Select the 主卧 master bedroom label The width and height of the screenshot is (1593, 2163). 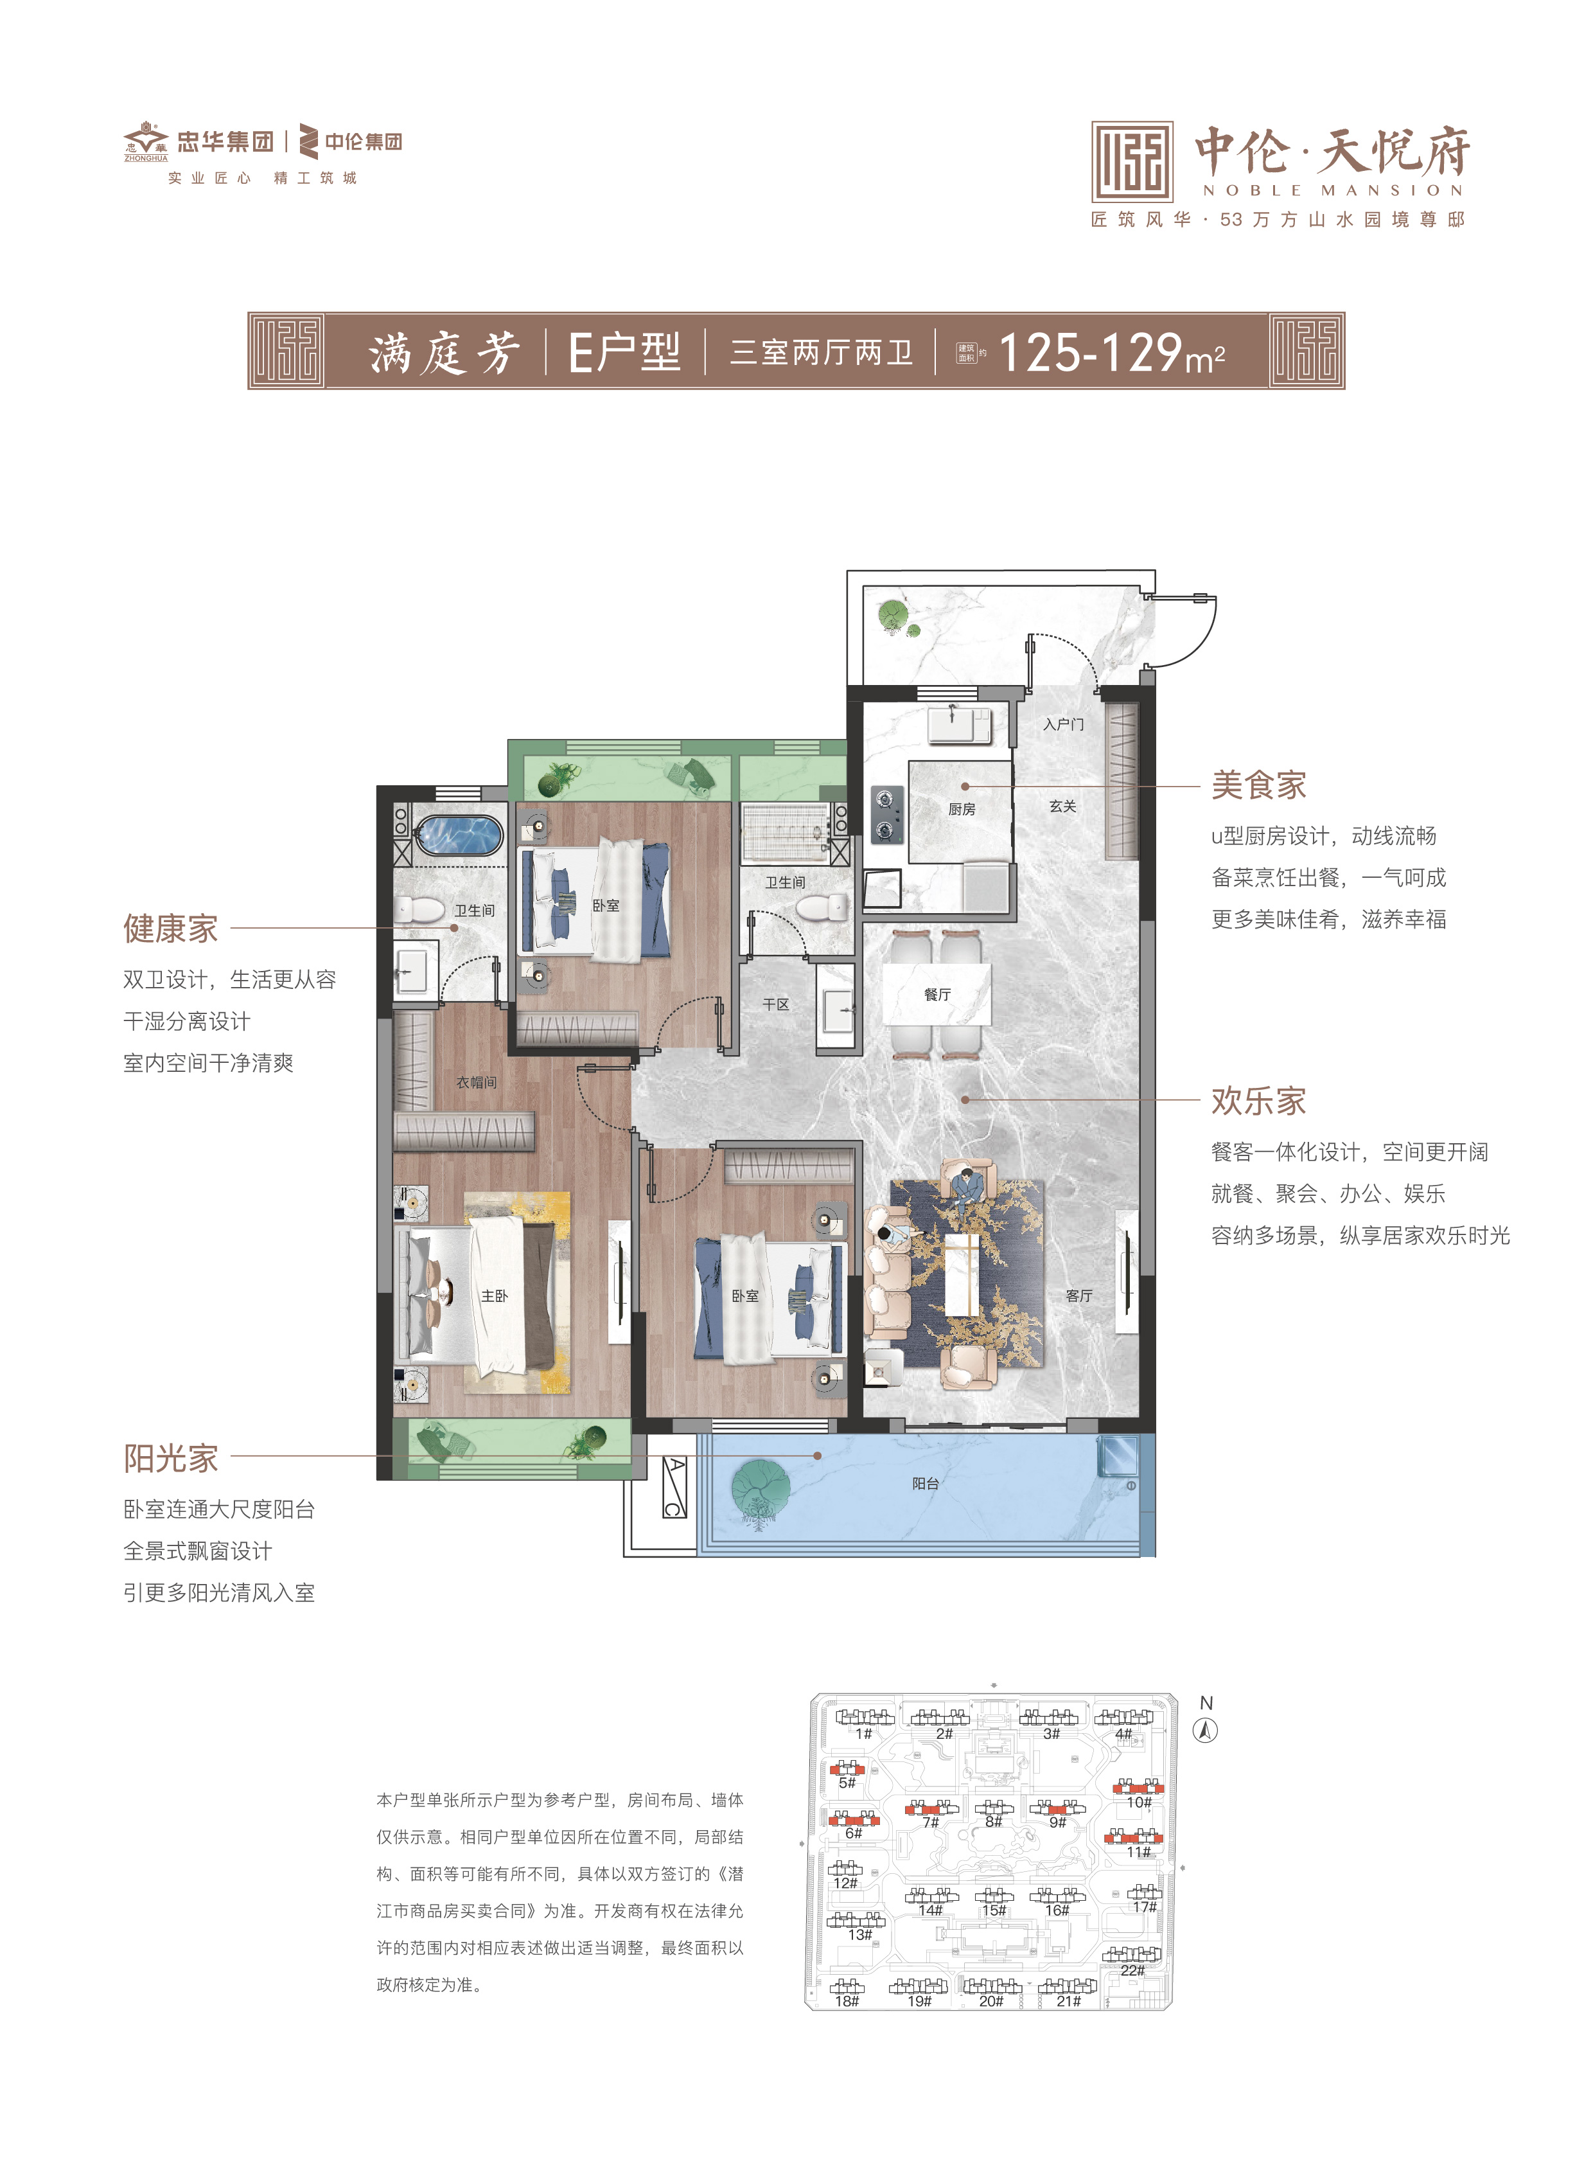pos(495,1295)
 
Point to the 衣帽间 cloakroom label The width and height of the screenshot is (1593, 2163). pos(477,1083)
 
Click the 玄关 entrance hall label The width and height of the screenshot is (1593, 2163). pos(1062,806)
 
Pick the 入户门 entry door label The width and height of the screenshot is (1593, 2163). pos(1062,724)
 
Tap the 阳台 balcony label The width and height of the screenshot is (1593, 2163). pos(925,1483)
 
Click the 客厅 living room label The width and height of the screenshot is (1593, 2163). pos(1079,1295)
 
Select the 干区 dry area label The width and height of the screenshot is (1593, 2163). pos(775,1004)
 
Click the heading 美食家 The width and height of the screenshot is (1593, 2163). pos(1258,785)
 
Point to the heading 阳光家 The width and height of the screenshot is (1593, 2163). pos(171,1458)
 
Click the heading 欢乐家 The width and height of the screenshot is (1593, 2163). pos(1258,1101)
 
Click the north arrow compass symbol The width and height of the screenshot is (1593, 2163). pos(1206,1731)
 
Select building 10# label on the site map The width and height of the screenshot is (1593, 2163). pos(1139,1802)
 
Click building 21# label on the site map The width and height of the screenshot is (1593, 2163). pos(1068,2001)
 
